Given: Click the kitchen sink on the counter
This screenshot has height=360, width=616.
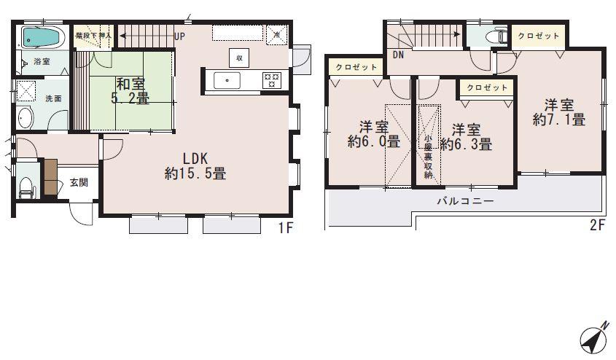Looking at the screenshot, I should click(x=228, y=79).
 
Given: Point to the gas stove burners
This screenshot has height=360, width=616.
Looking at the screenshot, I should click(x=271, y=79).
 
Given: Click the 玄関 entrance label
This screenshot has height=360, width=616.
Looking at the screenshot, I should click(x=79, y=183).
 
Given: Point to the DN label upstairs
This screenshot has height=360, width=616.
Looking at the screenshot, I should click(x=398, y=55).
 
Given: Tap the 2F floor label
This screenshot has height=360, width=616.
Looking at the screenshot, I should click(x=597, y=226).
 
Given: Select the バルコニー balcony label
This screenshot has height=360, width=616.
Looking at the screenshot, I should click(x=465, y=201).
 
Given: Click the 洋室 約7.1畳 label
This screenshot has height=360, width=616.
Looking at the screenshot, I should click(x=558, y=112).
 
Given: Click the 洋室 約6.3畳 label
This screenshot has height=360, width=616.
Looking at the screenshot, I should click(x=466, y=137).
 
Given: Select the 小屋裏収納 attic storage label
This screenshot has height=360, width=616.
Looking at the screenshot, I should click(x=429, y=156).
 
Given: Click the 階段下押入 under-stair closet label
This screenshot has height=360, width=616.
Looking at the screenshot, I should click(x=93, y=35).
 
